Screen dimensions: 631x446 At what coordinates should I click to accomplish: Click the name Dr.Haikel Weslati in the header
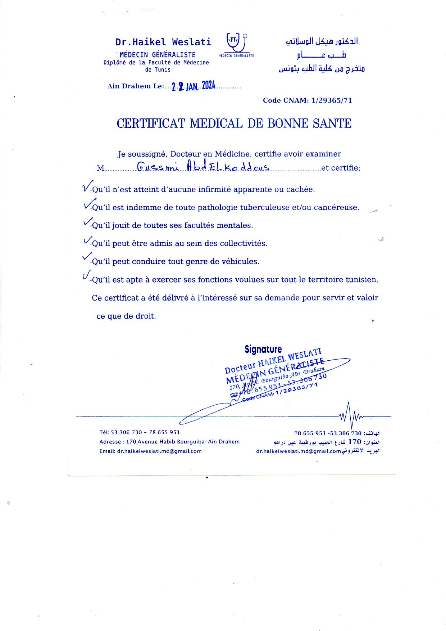point(163,42)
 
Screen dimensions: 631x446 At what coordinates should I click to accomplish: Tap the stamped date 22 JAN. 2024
point(193,86)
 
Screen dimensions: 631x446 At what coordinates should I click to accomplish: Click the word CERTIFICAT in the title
point(151,123)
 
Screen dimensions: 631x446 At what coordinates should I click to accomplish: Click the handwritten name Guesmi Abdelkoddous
point(203,167)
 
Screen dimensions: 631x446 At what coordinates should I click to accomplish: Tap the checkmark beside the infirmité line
point(87,186)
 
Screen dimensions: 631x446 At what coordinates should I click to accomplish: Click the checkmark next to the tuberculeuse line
point(88,205)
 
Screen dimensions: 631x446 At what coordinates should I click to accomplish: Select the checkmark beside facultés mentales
point(87,222)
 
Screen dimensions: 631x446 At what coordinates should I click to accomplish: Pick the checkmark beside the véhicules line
point(87,257)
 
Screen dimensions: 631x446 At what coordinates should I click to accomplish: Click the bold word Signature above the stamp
point(263,349)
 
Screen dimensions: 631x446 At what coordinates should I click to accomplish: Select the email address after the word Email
point(159,451)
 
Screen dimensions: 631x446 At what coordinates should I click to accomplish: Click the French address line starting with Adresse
point(169,442)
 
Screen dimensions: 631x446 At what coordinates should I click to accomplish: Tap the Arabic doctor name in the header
point(322,42)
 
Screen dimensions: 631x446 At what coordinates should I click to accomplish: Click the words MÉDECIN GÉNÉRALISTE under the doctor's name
point(158,55)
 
